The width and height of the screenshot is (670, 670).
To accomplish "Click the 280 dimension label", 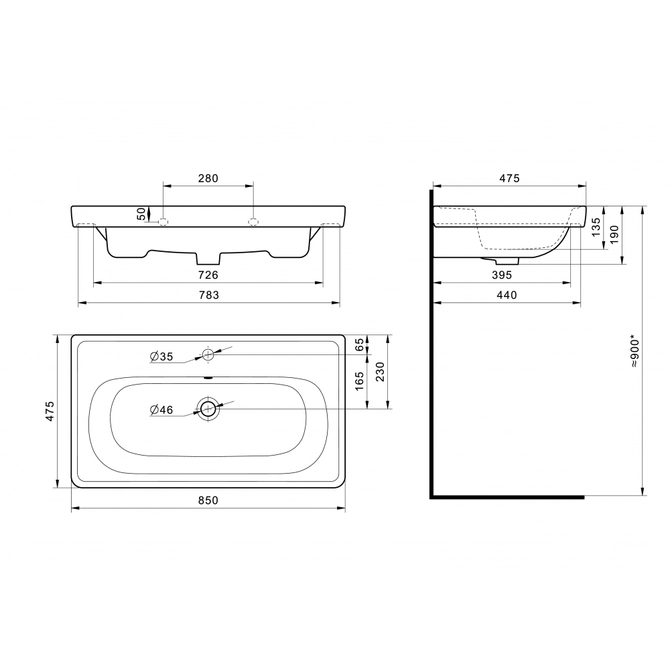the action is coord(208,178).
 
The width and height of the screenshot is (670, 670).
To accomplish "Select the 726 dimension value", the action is coord(208,275).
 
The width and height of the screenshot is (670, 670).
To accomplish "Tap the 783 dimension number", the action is coord(208,295).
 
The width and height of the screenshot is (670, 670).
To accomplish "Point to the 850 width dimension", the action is coord(208,500).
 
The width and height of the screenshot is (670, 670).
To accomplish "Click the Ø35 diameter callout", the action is coord(161,356).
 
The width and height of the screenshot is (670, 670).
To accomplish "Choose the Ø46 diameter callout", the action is coord(161,410).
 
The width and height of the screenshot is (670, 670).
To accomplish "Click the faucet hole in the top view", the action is coord(208,354).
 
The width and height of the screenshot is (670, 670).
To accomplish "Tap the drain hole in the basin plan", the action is coord(208,409).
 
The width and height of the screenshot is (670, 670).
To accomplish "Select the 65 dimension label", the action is coord(360,344).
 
